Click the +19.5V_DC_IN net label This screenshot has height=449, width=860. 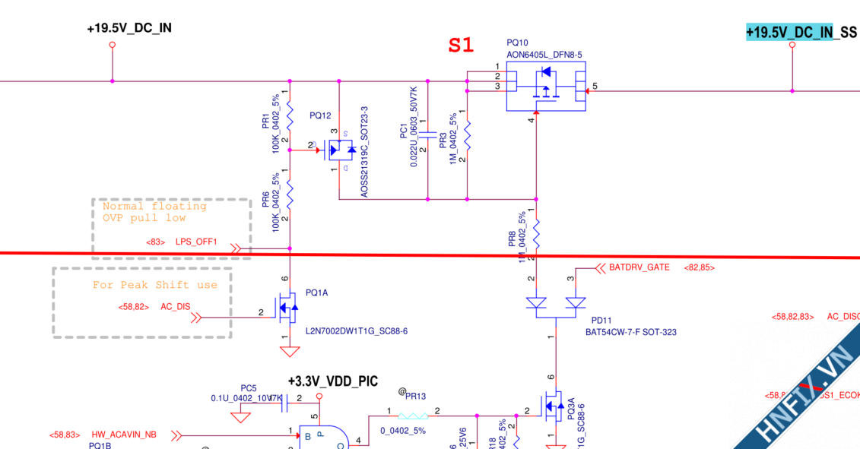129,28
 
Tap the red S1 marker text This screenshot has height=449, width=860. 461,46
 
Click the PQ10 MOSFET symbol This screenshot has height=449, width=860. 546,86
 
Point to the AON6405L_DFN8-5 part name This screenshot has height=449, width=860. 544,55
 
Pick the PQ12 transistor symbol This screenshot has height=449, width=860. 339,150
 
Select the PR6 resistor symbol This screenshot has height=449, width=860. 290,195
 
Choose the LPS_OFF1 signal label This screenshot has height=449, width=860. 197,242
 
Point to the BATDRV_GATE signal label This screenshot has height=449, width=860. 639,267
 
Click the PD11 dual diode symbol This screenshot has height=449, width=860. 556,305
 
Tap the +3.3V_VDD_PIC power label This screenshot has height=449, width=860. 332,381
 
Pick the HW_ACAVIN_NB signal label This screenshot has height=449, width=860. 124,435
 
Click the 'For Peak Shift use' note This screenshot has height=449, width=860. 155,286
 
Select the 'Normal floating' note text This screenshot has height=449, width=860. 154,206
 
